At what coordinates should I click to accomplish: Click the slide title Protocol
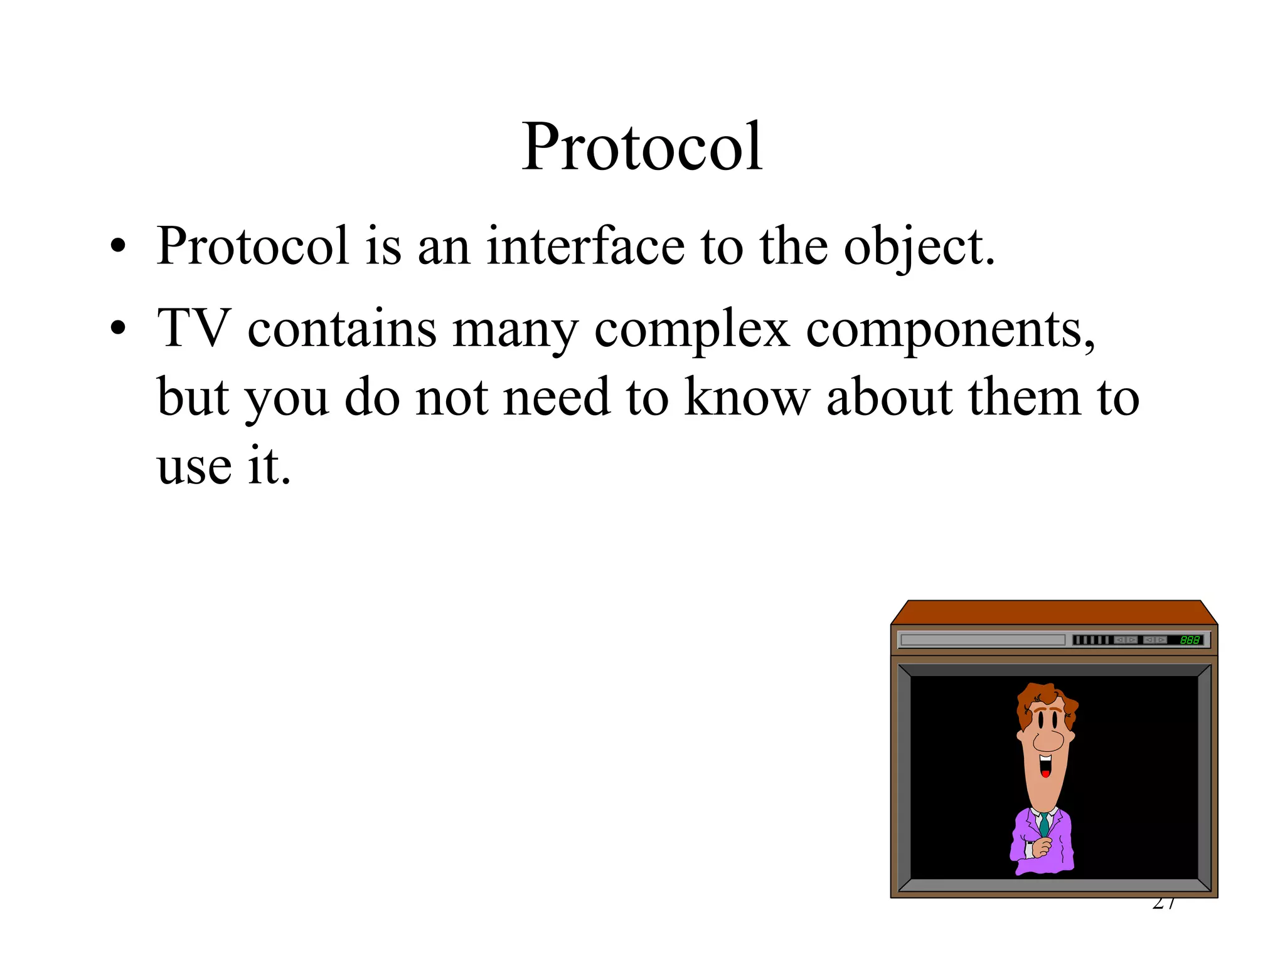click(642, 147)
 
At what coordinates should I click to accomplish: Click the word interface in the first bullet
click(585, 246)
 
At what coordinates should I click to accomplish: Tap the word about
click(890, 397)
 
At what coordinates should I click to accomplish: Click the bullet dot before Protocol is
click(117, 246)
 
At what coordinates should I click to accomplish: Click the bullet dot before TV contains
click(117, 328)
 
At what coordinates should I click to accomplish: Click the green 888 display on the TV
click(1189, 640)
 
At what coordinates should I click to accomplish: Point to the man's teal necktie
click(1043, 824)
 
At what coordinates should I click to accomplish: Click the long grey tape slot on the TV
click(983, 640)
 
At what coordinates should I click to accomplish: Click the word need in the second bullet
click(557, 397)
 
